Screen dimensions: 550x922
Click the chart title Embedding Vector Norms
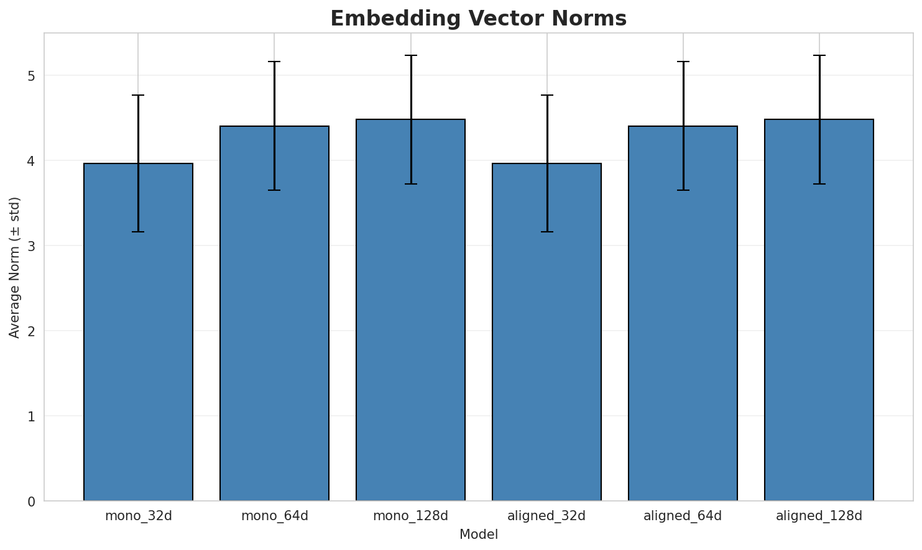(x=478, y=19)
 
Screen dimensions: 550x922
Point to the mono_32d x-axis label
(x=138, y=516)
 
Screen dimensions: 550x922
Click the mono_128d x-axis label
(x=410, y=516)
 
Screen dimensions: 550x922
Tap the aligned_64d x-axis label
(x=683, y=516)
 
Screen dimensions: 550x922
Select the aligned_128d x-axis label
(x=819, y=516)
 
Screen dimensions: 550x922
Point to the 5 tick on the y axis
(x=30, y=76)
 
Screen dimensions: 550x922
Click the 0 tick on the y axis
(x=30, y=501)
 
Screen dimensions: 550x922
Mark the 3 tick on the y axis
(x=30, y=246)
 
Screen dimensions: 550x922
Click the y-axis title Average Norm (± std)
(x=15, y=267)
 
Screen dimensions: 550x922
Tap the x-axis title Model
(x=478, y=534)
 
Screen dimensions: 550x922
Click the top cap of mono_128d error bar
(x=410, y=55)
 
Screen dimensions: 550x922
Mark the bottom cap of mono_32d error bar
(x=138, y=232)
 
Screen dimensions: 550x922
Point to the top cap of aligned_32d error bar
(x=546, y=95)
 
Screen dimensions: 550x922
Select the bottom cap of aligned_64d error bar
(x=683, y=190)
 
